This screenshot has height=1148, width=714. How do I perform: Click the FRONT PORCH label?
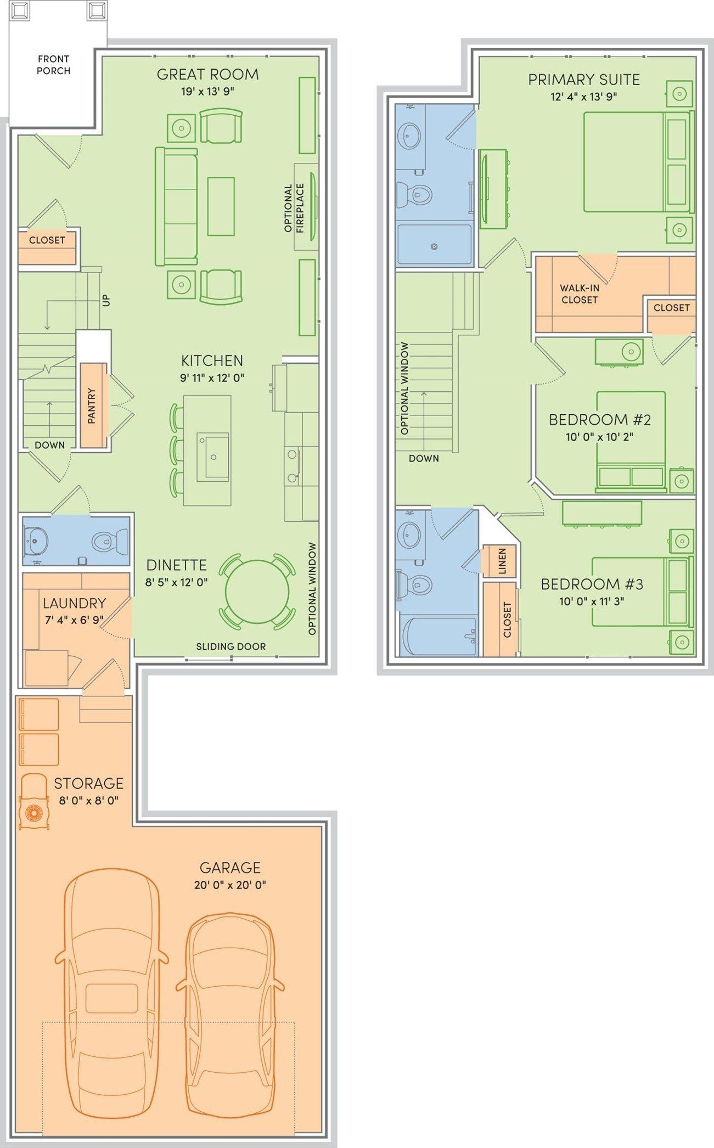[x=53, y=65]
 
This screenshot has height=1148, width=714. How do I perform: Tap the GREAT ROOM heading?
[x=207, y=74]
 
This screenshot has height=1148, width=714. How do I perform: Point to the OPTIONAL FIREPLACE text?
[x=294, y=207]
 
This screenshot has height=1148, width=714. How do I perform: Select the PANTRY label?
[x=92, y=406]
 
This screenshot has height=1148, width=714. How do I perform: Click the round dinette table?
[x=257, y=591]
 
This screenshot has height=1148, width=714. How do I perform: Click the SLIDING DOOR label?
[x=231, y=646]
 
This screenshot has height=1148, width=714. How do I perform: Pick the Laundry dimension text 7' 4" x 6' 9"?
[x=74, y=621]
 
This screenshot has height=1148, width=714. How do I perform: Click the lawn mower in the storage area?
[x=34, y=802]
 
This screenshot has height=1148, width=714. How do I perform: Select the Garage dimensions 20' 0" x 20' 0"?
[x=230, y=885]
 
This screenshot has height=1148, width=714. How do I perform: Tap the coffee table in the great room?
[x=221, y=206]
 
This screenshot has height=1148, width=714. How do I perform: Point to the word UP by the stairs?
[x=106, y=300]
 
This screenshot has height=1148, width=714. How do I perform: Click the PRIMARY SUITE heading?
[x=584, y=80]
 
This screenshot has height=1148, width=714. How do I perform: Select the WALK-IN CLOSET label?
[x=580, y=294]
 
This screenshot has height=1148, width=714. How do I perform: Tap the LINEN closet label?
[x=502, y=561]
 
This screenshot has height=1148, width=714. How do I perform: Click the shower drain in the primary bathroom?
[x=434, y=247]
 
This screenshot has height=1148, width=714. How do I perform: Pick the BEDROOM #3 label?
[x=592, y=584]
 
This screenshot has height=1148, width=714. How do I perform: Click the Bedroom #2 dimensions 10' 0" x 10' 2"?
[x=600, y=437]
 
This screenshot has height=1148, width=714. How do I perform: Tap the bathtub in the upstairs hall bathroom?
[x=439, y=635]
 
